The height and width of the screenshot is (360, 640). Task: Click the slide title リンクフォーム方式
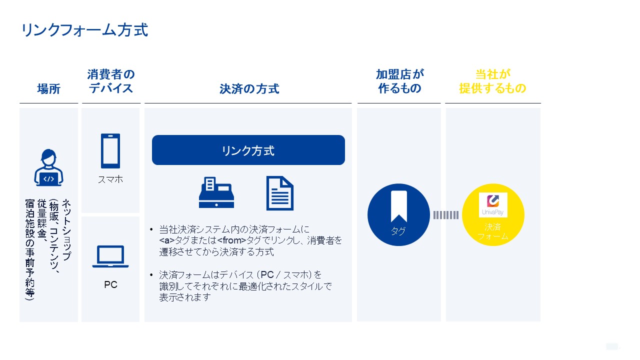coord(85,30)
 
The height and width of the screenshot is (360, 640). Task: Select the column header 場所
coord(48,89)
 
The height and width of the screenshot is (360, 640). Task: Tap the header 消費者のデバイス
coord(111,81)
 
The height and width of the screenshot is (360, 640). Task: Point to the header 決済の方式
coord(249,89)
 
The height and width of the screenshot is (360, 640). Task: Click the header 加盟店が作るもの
coord(399,81)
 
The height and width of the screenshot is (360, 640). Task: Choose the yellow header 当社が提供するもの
coord(492,81)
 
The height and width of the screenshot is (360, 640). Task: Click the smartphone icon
coord(110,151)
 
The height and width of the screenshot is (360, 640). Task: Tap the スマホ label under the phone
coord(110,179)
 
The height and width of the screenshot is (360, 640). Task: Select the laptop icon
coord(110,256)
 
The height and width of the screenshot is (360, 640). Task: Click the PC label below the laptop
coord(110,284)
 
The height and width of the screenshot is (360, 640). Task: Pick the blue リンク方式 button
coord(248,150)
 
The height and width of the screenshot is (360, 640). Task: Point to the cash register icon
coord(216,192)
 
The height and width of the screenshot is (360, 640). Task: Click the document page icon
coord(279,193)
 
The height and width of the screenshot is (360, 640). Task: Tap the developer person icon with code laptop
coord(48,167)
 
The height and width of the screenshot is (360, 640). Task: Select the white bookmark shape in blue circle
coord(399,206)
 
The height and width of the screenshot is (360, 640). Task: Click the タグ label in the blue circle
coord(398,231)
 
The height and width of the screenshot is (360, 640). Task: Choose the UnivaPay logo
coord(493,205)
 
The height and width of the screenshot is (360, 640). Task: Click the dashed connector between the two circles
coord(446,215)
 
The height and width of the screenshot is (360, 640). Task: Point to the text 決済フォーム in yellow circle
coord(493,231)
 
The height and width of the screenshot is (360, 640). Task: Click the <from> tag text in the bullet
coord(231,240)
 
